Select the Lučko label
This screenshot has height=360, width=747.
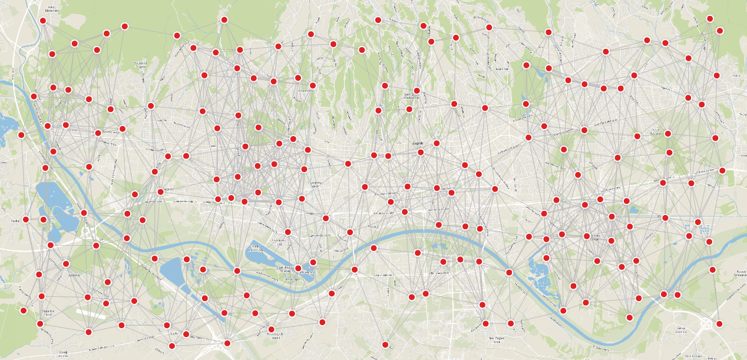(174, 333)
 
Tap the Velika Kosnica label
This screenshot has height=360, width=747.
(682, 329)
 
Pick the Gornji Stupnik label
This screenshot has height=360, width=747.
(64, 352)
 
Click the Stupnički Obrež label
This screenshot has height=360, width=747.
(48, 312)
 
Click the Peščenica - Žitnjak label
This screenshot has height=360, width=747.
(594, 238)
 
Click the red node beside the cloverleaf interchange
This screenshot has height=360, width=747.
(719, 323)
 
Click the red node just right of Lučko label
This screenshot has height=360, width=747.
(186, 334)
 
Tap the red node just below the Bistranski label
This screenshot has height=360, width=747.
(43, 21)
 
